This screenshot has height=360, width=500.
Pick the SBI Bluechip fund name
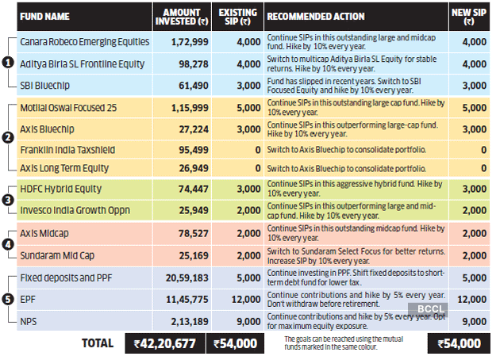[44, 85]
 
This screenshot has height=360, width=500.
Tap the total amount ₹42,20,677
[164, 343]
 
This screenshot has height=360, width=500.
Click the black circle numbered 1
[7, 63]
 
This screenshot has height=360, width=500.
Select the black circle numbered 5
[7, 300]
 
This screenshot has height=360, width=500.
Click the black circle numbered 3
[7, 201]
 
